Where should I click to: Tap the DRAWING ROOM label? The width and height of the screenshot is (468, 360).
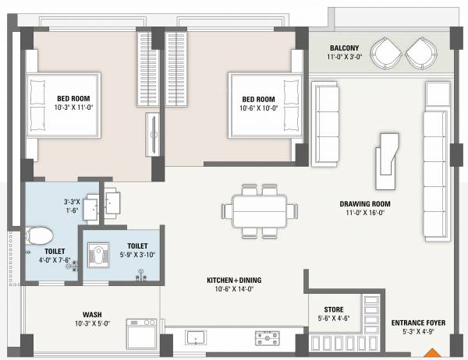tap(364, 205)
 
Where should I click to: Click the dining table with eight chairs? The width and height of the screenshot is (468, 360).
tap(259, 210)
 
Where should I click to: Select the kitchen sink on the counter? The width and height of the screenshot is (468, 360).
tap(195, 338)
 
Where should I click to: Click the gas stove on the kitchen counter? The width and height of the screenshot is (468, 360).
tap(268, 338)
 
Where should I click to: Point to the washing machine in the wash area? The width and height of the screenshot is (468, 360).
tap(141, 333)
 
